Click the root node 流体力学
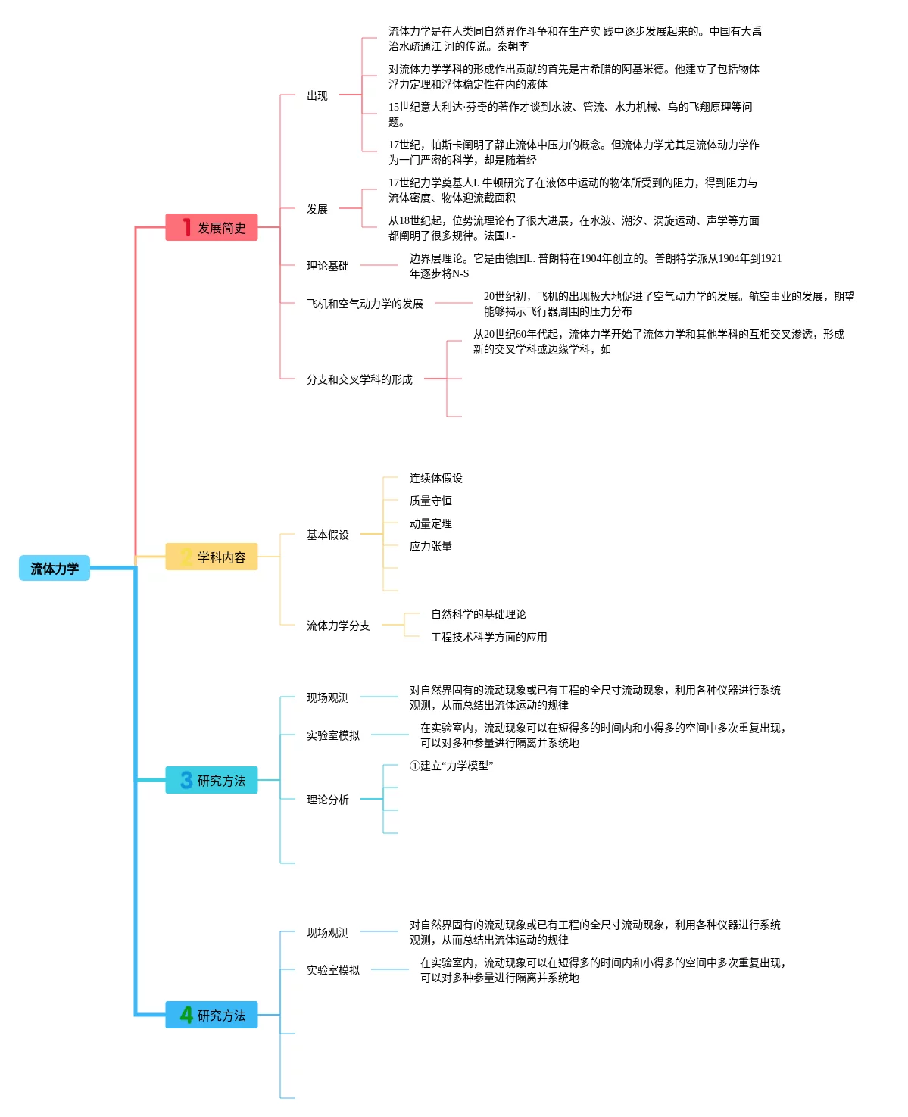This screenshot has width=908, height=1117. [55, 568]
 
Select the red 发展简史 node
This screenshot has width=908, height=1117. [212, 227]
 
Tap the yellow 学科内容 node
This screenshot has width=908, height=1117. [212, 557]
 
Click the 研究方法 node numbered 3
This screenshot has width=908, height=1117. [212, 780]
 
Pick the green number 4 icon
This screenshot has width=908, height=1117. [186, 1014]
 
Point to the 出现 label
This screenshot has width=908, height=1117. [317, 95]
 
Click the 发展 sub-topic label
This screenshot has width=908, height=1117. [317, 209]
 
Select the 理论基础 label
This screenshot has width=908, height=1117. [328, 266]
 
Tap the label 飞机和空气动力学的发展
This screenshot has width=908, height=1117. [365, 304]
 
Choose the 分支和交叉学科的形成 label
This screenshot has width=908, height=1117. [360, 379]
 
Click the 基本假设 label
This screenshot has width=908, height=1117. [328, 535]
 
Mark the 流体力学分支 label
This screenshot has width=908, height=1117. [339, 626]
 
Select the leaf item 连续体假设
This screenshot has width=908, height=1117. [436, 478]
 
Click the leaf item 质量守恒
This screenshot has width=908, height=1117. [431, 501]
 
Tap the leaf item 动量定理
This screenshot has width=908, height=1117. [431, 523]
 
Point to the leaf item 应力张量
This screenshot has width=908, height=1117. [431, 546]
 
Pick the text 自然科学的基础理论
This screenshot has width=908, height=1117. [479, 614]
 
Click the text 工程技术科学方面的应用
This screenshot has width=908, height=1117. [489, 637]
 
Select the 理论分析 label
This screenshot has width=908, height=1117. [328, 800]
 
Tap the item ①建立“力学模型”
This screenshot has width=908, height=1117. [451, 766]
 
